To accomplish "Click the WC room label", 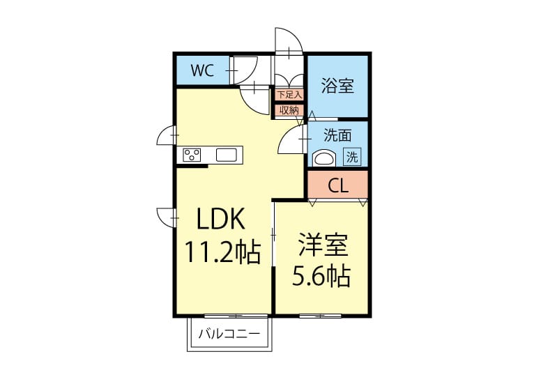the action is point(202,70).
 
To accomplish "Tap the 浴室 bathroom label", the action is point(337,86).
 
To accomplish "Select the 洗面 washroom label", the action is point(337,135).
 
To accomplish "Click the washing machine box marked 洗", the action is point(352,157).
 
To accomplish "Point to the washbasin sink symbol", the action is point(324,158).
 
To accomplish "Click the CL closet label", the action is point(338,186).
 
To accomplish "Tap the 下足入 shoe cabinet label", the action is point(289,95).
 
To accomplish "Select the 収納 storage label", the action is point(289,110).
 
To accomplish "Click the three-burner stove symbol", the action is point(192,155).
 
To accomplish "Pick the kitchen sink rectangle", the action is point(226,155).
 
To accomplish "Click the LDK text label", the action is point(221,220).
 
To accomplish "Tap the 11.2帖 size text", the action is point(222,252).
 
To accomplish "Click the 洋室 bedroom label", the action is point(323,245).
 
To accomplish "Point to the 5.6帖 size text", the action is point(321,276).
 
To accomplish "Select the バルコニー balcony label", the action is point(229,333).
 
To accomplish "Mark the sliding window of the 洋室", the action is point(320,316).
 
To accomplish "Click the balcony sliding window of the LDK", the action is point(236,316).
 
